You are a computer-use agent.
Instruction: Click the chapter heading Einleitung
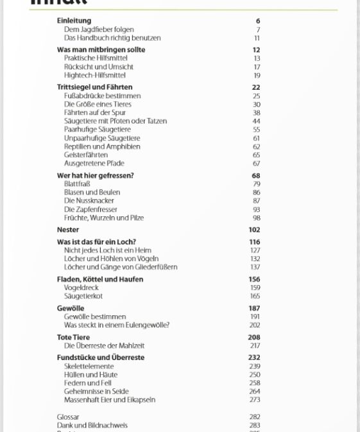[74, 21]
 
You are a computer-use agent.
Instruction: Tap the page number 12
[256, 50]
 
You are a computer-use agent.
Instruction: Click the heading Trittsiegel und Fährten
[94, 87]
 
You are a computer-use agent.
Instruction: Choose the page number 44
[256, 121]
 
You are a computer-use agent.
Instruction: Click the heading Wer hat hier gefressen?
[95, 175]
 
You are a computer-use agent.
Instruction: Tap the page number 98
[256, 218]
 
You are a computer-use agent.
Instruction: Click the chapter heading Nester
[68, 230]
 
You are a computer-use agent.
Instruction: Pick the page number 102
[254, 230]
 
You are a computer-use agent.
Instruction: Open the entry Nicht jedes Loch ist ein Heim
[107, 250]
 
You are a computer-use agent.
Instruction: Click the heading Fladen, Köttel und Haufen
[99, 280]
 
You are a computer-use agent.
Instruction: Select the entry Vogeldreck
[81, 288]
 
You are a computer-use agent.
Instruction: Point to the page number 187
[254, 309]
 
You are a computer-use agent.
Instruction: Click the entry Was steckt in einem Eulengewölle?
[116, 325]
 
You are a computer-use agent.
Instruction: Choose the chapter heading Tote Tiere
[73, 338]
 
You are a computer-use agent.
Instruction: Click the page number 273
[255, 400]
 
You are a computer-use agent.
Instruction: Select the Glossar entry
[68, 417]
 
